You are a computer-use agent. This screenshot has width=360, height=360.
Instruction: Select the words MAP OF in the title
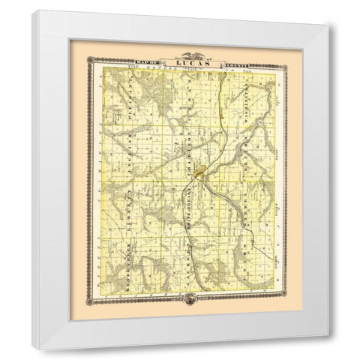151,59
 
